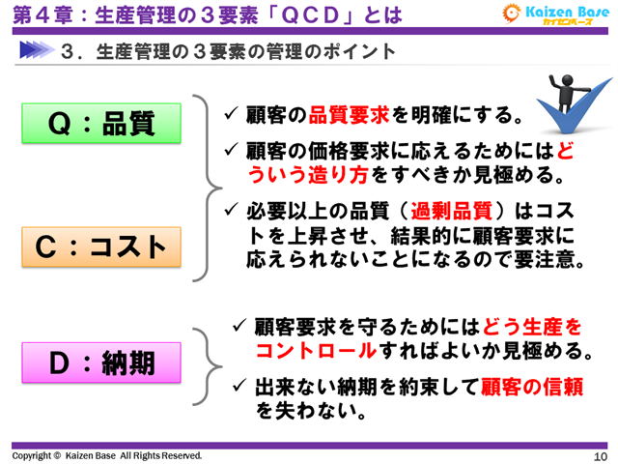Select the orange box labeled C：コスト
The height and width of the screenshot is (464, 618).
[102, 246]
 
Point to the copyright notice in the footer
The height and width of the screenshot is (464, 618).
[107, 454]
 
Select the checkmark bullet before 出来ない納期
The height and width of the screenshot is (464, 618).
[241, 386]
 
